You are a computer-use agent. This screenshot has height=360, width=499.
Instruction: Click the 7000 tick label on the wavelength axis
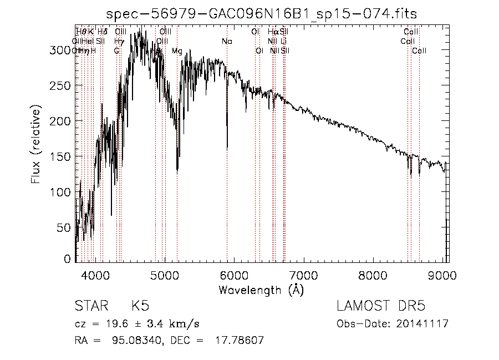(303, 275)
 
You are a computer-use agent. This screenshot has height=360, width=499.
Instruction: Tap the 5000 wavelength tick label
(164, 275)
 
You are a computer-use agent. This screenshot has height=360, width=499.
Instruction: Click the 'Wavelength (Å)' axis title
(261, 290)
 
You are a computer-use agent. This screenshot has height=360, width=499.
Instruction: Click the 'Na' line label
(227, 41)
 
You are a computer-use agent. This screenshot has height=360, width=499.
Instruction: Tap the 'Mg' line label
(177, 51)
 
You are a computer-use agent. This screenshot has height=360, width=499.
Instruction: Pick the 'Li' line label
(283, 41)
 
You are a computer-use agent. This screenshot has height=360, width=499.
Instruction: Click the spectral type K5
(140, 306)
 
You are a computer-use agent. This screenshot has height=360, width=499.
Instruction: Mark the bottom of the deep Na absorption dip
(227, 149)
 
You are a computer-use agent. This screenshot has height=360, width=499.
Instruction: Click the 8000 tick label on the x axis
(373, 275)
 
